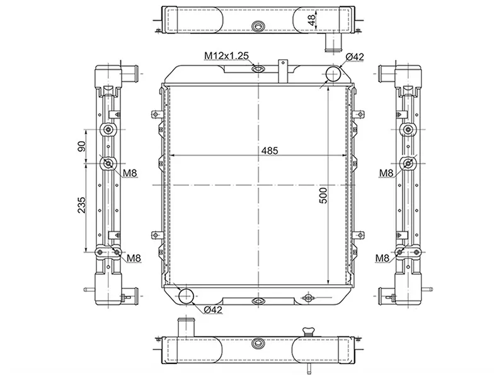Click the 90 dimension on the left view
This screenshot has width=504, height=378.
[x=81, y=146]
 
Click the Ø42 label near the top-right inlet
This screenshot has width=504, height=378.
[x=355, y=57]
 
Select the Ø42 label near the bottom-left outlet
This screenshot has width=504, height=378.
[x=214, y=309]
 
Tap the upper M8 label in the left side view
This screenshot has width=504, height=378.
[x=130, y=173]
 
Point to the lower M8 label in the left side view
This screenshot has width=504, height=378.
[x=133, y=258]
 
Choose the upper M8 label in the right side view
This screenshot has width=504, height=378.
[x=387, y=173]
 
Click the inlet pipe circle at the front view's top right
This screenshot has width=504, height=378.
[x=333, y=75]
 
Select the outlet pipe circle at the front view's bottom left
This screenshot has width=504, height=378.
[x=187, y=295]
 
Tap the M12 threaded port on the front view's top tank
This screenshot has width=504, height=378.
[x=258, y=68]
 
